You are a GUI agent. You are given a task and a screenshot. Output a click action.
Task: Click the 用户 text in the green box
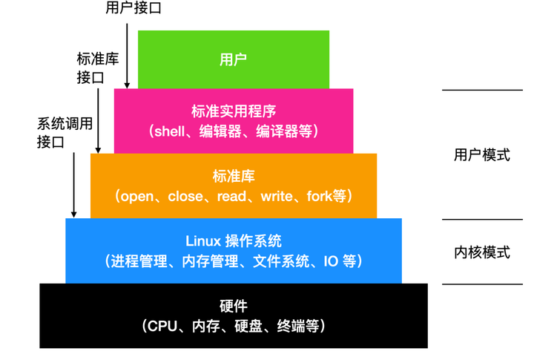pyautogui.click(x=234, y=59)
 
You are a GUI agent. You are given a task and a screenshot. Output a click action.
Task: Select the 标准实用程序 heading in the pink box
pyautogui.click(x=234, y=111)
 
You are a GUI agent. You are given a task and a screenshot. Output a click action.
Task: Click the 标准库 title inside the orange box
pyautogui.click(x=234, y=176)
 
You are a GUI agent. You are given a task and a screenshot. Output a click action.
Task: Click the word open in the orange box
pyautogui.click(x=136, y=197)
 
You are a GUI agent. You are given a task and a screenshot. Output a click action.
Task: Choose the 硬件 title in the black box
pyautogui.click(x=234, y=306)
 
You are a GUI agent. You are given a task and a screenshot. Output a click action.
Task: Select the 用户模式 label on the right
pyautogui.click(x=482, y=155)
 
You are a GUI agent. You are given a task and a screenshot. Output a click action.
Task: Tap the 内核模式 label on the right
pyautogui.click(x=482, y=252)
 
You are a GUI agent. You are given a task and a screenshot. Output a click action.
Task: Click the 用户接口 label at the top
pyautogui.click(x=134, y=8)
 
